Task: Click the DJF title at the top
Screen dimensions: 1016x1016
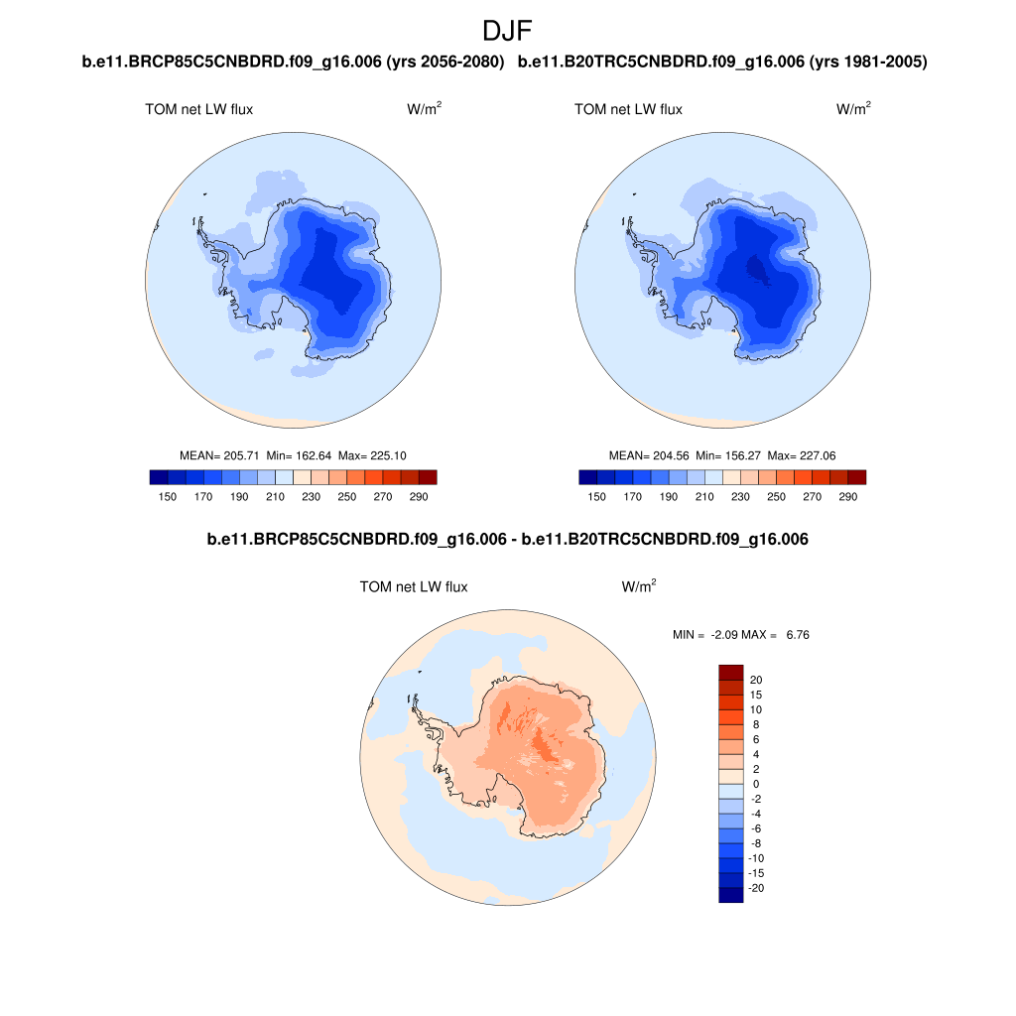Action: [507, 30]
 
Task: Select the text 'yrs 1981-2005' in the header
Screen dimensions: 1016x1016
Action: [868, 63]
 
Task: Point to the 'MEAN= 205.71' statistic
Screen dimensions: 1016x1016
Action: [219, 455]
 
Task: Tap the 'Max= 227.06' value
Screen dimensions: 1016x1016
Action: [803, 455]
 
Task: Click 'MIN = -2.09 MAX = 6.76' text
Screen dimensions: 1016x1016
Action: [741, 634]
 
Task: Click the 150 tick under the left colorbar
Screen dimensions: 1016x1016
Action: [167, 496]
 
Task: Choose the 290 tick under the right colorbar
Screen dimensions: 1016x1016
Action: [848, 496]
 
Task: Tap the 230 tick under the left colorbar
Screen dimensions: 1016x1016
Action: [311, 496]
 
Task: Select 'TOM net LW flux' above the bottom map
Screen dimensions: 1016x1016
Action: [414, 587]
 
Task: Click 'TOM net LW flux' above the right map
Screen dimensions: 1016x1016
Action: [628, 109]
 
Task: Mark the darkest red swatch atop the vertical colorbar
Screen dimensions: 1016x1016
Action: [730, 672]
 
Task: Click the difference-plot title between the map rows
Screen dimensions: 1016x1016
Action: [507, 540]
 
